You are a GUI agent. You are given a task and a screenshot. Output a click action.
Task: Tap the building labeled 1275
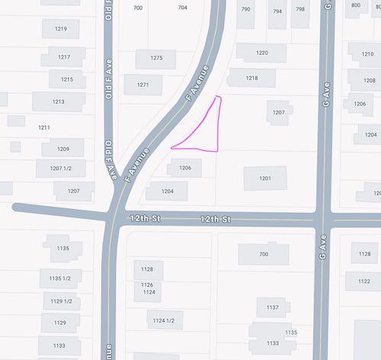point(156,59)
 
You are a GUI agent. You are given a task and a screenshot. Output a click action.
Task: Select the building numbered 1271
point(143,85)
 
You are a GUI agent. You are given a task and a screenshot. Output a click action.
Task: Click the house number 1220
point(261,53)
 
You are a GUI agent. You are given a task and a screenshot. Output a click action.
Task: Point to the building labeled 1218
point(251,78)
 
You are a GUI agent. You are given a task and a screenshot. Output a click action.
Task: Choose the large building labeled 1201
point(265,178)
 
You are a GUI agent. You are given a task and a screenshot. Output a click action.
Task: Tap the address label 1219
point(61,30)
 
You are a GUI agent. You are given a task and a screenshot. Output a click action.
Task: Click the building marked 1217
point(64,57)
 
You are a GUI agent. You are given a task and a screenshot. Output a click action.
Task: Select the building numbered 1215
point(67,79)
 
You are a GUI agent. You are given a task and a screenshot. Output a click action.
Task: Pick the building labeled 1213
point(59,101)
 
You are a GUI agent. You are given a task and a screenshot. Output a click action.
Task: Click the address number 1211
point(44,127)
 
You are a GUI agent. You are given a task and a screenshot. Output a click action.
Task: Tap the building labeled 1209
point(63,149)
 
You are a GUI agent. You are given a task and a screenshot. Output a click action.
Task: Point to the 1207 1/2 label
point(60,169)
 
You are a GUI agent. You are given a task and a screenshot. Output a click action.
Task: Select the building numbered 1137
point(272,307)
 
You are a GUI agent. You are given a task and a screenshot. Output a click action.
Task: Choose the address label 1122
point(363,281)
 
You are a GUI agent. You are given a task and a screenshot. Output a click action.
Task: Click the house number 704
point(182,8)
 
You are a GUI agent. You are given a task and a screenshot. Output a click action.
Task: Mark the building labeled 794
point(277,11)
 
